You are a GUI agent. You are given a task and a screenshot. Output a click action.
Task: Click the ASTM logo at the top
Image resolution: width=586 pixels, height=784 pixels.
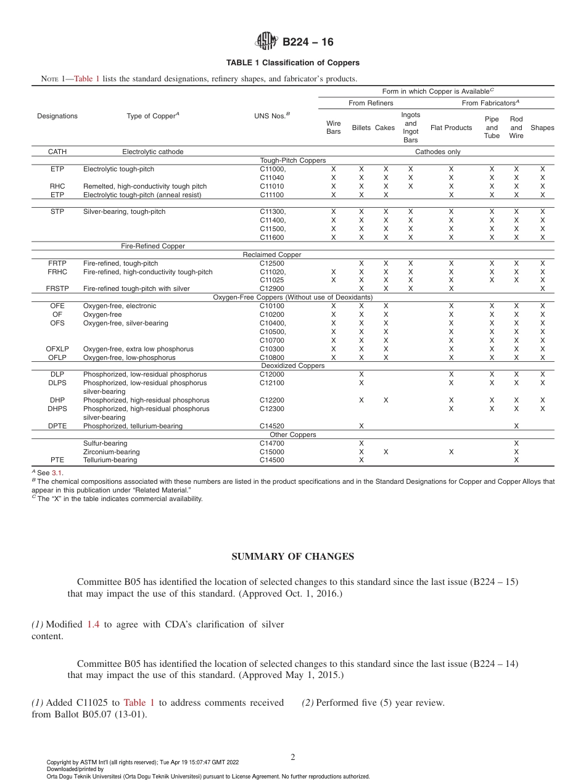pos(266,42)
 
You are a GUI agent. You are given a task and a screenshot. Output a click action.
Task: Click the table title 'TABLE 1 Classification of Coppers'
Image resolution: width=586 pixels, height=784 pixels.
pos(292,63)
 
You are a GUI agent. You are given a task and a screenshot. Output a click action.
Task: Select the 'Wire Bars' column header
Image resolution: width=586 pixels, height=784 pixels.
pos(333,128)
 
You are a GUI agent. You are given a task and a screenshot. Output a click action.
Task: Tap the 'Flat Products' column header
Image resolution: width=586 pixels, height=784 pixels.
pos(451,128)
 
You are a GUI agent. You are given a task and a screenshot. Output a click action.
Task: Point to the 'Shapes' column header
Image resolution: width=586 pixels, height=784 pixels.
pos(542,128)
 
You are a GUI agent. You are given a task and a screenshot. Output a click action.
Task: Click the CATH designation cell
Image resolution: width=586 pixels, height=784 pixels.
pos(57,152)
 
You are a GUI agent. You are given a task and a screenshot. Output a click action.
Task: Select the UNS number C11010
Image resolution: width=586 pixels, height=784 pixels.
pos(272,186)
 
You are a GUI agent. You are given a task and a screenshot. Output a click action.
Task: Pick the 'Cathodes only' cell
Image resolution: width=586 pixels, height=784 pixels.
pos(437,152)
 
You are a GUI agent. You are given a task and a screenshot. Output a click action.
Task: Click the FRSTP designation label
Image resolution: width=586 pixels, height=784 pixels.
pos(57,288)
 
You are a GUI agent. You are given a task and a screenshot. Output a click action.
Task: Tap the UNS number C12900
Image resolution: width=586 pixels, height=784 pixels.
pos(272,288)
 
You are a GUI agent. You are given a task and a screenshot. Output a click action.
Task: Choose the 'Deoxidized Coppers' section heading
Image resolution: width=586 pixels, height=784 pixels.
pos(292,365)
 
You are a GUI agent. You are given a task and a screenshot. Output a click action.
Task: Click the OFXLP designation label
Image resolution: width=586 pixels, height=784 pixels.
pos(57,349)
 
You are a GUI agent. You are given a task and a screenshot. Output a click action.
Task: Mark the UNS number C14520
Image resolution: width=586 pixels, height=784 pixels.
pos(272,426)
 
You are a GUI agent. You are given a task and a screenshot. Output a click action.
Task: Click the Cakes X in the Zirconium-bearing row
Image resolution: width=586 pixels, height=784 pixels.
pos(386,452)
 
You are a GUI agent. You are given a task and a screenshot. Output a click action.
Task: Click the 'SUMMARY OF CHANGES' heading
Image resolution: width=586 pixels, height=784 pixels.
pos(292,557)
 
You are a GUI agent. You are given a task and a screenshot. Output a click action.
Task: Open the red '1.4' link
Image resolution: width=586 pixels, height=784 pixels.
pos(93,624)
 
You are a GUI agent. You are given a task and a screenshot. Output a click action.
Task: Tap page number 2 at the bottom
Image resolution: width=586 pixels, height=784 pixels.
pos(293,757)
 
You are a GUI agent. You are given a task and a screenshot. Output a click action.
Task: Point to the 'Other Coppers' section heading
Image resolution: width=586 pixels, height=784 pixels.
pos(292,435)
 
